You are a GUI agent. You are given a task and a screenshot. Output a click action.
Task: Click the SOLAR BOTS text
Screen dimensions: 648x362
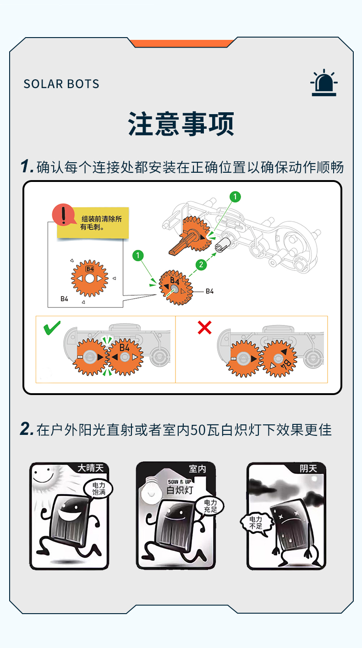(61, 84)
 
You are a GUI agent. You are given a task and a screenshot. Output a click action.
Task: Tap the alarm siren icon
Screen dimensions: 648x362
(324, 83)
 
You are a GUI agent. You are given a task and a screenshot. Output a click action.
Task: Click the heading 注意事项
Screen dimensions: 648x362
(181, 124)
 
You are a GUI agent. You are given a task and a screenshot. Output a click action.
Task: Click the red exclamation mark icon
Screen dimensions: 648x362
(63, 214)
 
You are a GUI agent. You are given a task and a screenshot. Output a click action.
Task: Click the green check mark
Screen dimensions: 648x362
(52, 327)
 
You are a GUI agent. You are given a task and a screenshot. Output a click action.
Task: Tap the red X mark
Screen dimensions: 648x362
(204, 327)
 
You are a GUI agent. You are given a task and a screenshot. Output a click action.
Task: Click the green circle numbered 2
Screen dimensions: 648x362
(201, 264)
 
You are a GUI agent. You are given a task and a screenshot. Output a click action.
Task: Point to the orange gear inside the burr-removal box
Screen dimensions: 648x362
(89, 278)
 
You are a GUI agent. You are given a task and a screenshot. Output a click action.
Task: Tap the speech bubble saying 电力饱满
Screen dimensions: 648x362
(99, 489)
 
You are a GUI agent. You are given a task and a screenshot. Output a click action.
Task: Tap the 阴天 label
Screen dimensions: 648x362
(308, 468)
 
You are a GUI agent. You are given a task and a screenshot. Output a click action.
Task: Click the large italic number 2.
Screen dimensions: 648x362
(27, 429)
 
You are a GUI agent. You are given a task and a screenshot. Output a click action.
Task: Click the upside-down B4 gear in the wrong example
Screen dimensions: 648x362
(278, 358)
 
